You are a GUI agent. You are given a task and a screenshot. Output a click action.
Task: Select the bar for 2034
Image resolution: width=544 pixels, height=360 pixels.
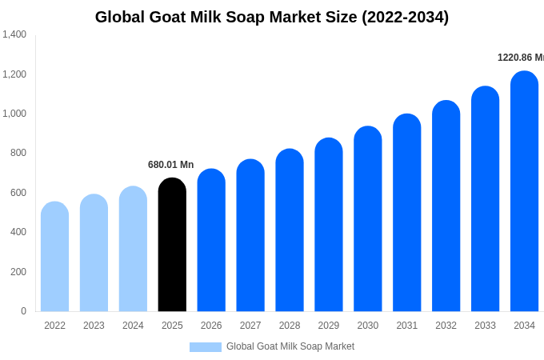(x=524, y=192)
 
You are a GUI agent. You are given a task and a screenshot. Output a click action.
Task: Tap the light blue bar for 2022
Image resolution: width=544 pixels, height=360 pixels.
(x=54, y=257)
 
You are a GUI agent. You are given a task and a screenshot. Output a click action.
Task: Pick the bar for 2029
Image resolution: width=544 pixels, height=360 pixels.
(x=328, y=225)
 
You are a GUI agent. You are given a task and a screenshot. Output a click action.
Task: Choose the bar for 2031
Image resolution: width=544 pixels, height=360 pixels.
(x=406, y=213)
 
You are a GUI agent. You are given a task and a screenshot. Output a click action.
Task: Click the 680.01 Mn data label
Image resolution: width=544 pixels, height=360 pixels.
(x=170, y=165)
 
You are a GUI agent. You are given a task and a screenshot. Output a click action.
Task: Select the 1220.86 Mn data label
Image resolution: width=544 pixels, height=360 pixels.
(x=520, y=58)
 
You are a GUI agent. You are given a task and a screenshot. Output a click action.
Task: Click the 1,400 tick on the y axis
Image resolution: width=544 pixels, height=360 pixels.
(x=14, y=34)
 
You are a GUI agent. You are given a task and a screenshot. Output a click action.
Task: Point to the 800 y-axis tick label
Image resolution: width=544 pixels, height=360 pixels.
(x=18, y=153)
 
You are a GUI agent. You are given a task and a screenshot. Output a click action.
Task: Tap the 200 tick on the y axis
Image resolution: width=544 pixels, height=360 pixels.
(x=18, y=272)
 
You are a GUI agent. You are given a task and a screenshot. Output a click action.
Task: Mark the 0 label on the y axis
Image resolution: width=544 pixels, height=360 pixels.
(x=23, y=311)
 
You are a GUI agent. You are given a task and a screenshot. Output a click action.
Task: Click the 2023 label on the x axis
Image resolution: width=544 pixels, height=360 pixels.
(x=94, y=326)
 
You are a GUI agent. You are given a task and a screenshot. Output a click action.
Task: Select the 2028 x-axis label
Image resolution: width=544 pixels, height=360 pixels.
(x=290, y=326)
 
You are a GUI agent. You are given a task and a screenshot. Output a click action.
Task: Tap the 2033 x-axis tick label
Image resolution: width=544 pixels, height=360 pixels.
(x=485, y=326)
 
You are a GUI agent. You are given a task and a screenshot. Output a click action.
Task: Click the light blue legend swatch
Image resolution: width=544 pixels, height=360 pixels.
(x=205, y=347)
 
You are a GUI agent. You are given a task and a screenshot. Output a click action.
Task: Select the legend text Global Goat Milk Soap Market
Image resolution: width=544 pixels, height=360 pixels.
(x=290, y=346)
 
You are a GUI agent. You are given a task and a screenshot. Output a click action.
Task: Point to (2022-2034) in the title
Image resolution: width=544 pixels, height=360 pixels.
(x=405, y=17)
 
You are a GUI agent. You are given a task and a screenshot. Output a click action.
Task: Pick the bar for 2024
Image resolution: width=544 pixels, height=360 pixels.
(x=133, y=249)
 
